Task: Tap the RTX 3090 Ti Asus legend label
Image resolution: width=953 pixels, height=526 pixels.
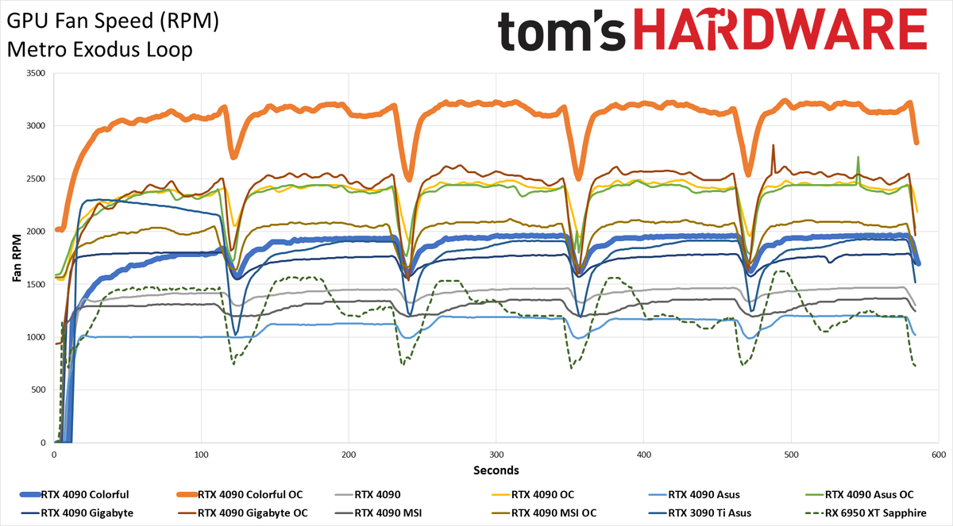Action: coord(710,513)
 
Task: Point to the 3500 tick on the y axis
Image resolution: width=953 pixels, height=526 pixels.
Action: coord(36,73)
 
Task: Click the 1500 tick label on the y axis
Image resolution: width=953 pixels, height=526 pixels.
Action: coord(36,284)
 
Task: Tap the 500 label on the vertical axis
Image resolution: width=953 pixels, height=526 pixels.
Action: coord(38,390)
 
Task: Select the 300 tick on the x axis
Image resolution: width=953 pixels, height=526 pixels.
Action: coord(496,455)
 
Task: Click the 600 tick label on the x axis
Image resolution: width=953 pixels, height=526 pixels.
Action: coord(939,455)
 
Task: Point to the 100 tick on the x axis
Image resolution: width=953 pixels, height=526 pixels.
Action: coord(201,455)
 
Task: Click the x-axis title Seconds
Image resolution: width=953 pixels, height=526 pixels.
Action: coord(496,470)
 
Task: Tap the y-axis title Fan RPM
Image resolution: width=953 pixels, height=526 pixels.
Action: coord(17,258)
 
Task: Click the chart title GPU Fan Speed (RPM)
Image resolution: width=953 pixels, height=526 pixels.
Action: coord(113,21)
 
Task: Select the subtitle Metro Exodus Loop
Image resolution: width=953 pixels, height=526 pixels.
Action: coord(99,50)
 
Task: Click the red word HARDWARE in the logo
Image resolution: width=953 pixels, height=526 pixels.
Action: coord(780,29)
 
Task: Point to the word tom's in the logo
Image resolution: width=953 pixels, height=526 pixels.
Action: coord(561,31)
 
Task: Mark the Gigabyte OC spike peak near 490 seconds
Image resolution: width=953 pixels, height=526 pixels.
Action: coord(773,145)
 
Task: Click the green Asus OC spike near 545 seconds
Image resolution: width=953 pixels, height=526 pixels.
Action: coord(858,157)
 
